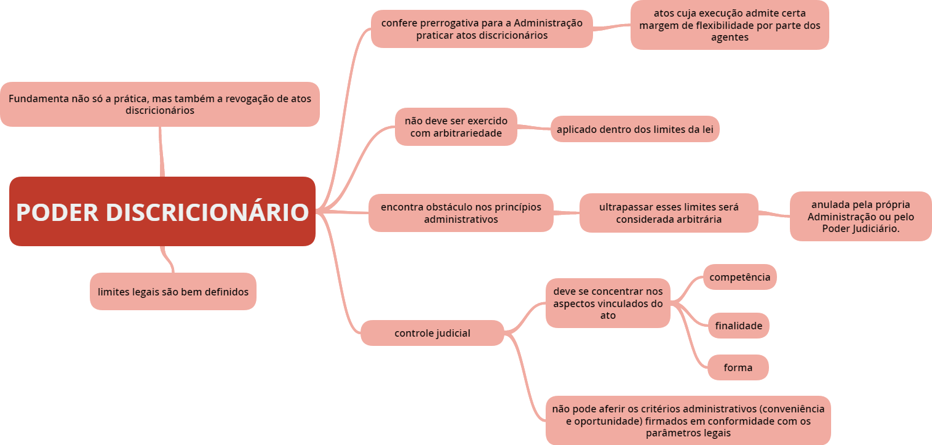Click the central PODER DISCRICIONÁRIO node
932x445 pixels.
[162, 212]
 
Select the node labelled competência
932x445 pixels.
[739, 277]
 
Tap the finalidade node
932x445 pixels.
[738, 326]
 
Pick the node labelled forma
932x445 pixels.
[738, 367]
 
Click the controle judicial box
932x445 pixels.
[432, 333]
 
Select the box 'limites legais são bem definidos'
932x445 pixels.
[173, 292]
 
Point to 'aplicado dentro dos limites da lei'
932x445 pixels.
[634, 129]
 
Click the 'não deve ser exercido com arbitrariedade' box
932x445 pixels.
[455, 127]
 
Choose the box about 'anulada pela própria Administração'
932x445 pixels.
[860, 216]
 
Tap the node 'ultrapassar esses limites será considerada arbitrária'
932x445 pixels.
[668, 213]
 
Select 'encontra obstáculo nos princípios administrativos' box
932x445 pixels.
[461, 213]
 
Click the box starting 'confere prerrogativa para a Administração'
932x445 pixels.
[481, 29]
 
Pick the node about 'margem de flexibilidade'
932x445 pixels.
[729, 25]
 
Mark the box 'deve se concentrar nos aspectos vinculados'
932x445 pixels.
[607, 303]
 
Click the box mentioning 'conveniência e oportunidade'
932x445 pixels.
[688, 420]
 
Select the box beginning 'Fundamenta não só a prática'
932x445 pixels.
[159, 104]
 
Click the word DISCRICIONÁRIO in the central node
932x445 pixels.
[207, 212]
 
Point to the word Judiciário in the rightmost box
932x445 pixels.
[873, 229]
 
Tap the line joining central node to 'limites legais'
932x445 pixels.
[167, 259]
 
